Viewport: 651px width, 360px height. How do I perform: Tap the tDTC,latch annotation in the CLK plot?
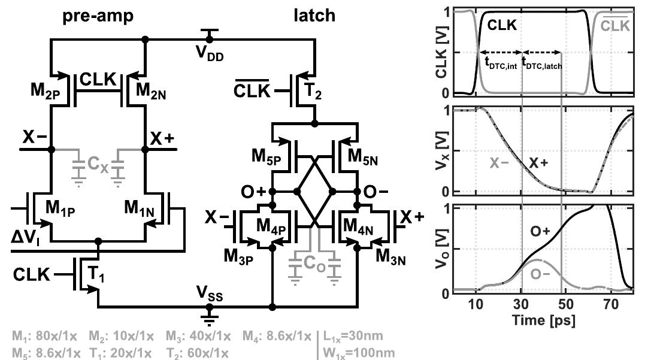(544, 62)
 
